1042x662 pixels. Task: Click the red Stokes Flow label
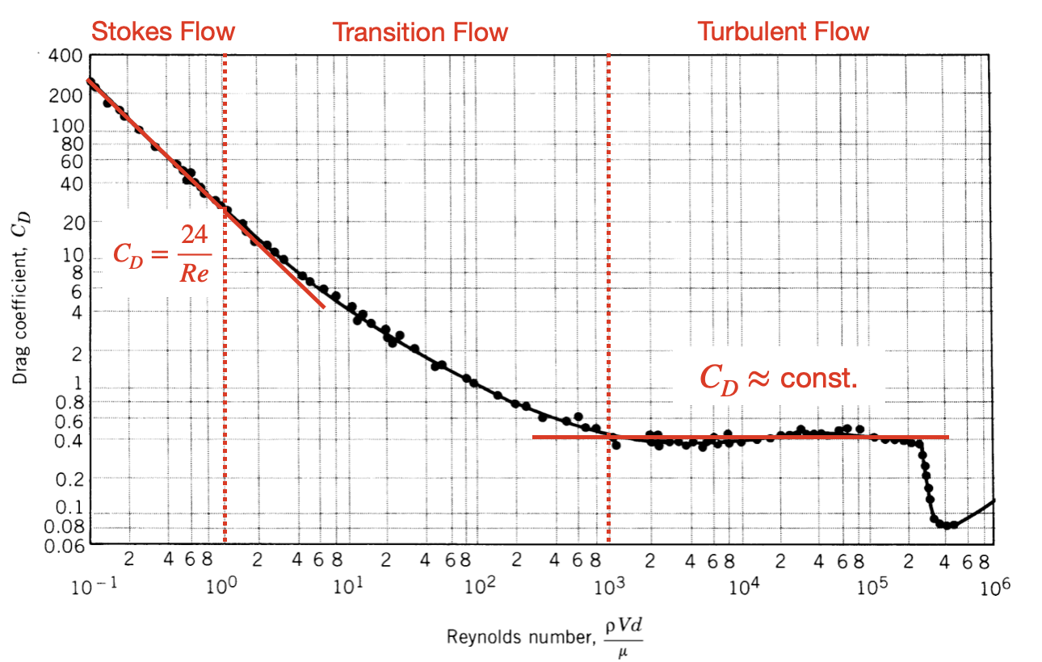point(162,31)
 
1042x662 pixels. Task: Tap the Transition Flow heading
point(420,32)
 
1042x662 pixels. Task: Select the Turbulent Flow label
point(783,31)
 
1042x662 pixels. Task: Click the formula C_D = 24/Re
point(162,253)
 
